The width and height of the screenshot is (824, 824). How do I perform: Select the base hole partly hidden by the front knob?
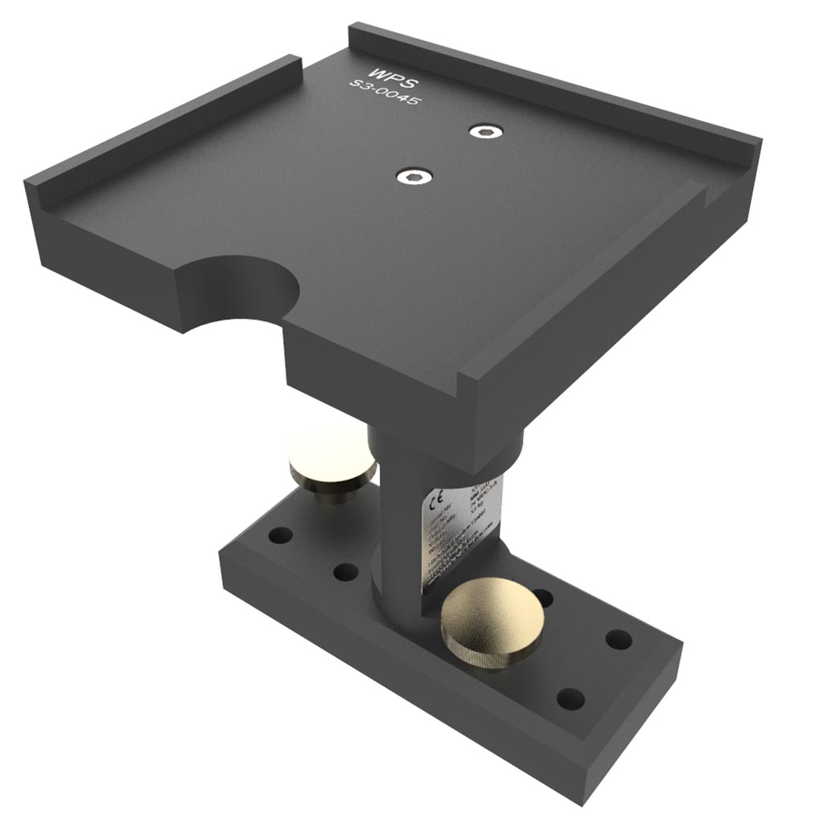544,597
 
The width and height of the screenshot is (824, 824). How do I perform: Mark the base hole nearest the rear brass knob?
281,535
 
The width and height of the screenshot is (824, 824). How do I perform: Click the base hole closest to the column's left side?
345,573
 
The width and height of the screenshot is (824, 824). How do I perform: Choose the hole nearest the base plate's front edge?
570,698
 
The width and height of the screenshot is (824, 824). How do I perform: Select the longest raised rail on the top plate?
555,89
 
